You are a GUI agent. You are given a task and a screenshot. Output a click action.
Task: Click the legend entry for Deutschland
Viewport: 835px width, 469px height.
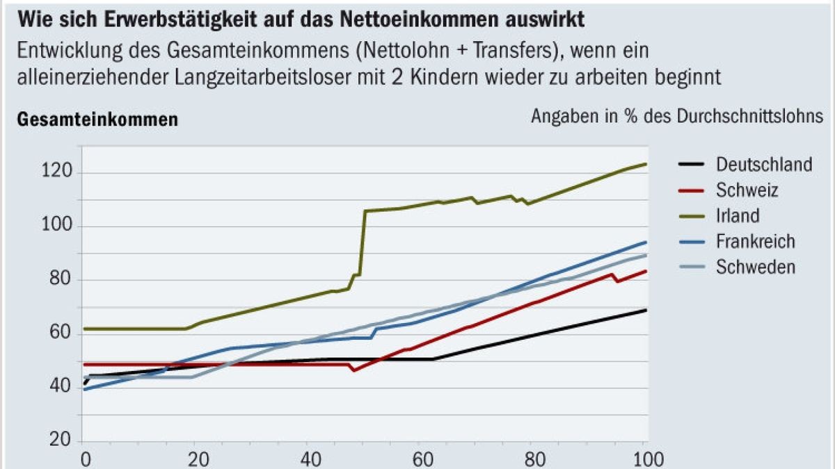[x=763, y=165]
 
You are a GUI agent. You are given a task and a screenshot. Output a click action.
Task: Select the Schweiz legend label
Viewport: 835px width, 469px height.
[x=747, y=190]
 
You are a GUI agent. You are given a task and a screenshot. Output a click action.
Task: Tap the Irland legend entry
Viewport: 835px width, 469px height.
[x=737, y=215]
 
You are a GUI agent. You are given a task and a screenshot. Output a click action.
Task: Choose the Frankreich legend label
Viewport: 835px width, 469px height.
[x=755, y=241]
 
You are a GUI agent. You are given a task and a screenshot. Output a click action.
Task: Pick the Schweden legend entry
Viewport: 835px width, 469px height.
[x=755, y=267]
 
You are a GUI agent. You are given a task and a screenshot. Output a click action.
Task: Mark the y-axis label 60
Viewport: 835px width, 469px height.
[x=59, y=334]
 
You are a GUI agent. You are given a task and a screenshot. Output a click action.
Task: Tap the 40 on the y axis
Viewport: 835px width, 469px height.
[x=59, y=387]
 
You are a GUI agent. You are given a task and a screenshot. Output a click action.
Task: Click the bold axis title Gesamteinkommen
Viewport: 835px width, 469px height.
[x=97, y=120]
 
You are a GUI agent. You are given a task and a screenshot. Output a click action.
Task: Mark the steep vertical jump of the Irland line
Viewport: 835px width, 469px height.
[x=363, y=243]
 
